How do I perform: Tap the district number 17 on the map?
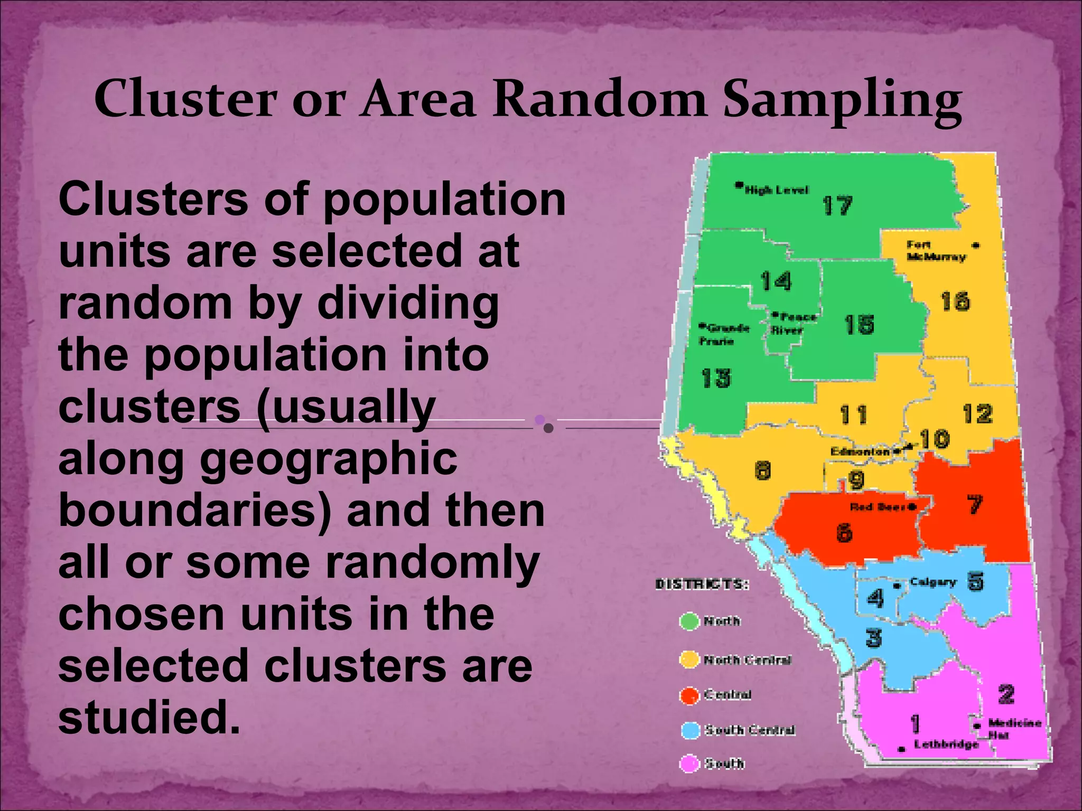coord(837,205)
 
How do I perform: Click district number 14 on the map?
coord(776,281)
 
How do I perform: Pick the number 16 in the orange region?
coord(955,302)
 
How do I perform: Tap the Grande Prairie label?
coord(724,334)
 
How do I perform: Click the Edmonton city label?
coord(860,451)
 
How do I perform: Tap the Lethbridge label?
coord(946,744)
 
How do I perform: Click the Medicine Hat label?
coord(1013,728)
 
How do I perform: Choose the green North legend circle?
coord(689,621)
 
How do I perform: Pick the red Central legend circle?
coord(689,695)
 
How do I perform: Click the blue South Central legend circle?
coord(689,730)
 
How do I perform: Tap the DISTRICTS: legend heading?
coord(702,584)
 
